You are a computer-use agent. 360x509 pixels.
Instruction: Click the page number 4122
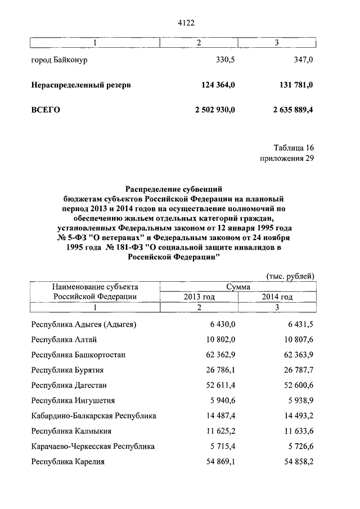[185, 22]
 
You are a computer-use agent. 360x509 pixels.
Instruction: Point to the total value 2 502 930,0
[215, 110]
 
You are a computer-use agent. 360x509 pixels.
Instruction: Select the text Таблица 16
[294, 147]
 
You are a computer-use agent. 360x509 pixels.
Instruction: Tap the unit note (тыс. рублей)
[290, 276]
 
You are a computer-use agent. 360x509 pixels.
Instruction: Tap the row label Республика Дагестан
[69, 385]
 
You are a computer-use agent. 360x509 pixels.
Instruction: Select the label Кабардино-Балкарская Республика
[94, 416]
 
